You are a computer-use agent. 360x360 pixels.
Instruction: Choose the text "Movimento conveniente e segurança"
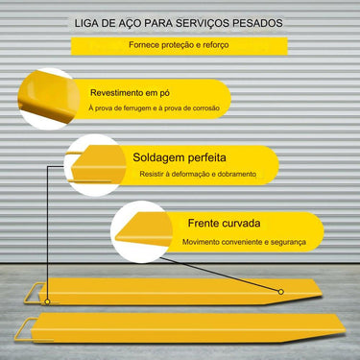coord(232,243)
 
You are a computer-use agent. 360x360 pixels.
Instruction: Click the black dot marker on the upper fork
coord(281,291)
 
